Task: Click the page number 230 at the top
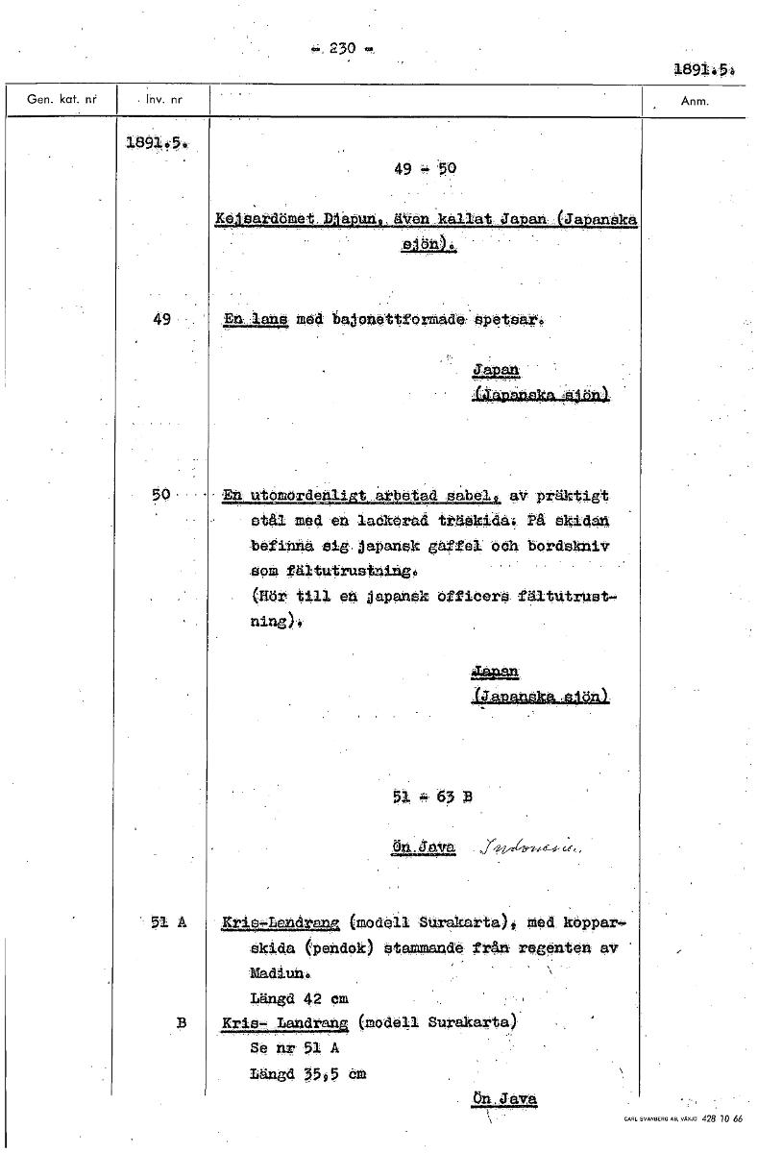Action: [343, 48]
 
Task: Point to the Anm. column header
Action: [694, 100]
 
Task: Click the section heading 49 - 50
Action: [425, 169]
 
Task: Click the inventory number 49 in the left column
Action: [161, 319]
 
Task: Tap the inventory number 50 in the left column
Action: [160, 495]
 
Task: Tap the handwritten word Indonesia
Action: [535, 847]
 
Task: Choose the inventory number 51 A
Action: [167, 922]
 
